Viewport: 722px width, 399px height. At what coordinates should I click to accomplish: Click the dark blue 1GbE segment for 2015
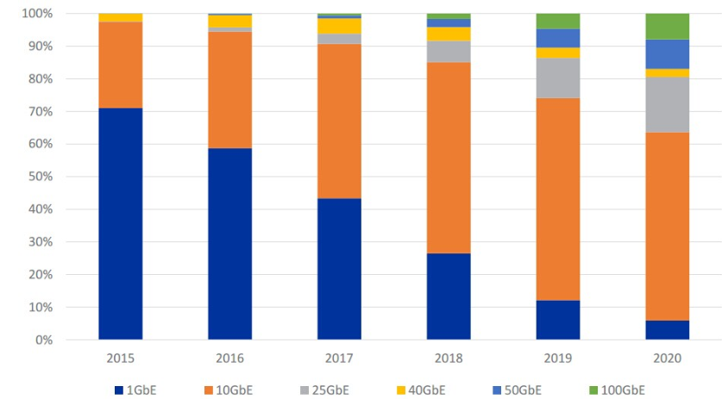pyautogui.click(x=120, y=223)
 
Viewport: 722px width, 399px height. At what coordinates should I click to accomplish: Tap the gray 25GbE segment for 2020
pyautogui.click(x=667, y=104)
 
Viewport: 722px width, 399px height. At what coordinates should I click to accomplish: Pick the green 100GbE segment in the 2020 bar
pyautogui.click(x=667, y=26)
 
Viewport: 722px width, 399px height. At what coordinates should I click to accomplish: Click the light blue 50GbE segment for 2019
pyautogui.click(x=557, y=38)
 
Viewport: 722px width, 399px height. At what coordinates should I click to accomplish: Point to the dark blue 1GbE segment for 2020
pyautogui.click(x=667, y=330)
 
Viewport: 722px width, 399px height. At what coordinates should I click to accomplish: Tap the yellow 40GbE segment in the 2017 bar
pyautogui.click(x=339, y=26)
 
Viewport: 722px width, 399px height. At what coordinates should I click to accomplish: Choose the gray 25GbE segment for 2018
pyautogui.click(x=449, y=52)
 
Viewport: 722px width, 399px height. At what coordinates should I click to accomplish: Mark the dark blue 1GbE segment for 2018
pyautogui.click(x=449, y=296)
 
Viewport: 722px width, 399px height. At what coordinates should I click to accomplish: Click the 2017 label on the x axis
pyautogui.click(x=339, y=357)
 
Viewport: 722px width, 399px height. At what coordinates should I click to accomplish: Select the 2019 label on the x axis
pyautogui.click(x=557, y=357)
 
